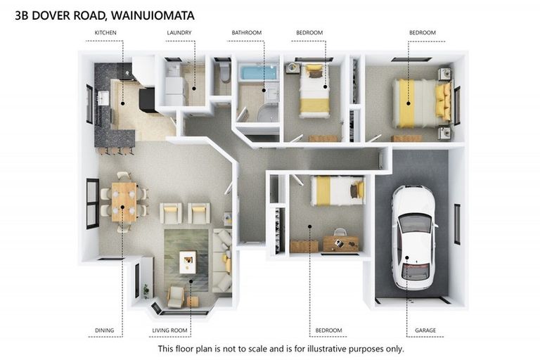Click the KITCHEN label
(105, 33)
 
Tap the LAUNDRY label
(179, 33)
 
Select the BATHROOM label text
(247, 33)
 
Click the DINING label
(105, 330)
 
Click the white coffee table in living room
(188, 262)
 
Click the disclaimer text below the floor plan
(281, 349)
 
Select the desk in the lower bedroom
(340, 243)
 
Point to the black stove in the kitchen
(148, 99)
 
